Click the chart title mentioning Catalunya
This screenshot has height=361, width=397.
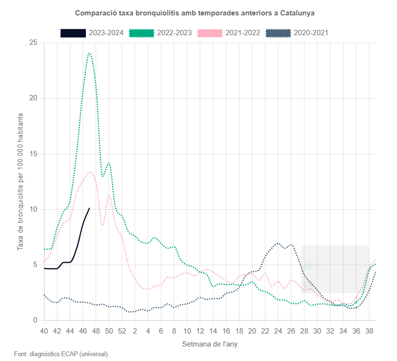tap(198, 12)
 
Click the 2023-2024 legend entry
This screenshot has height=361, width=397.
tap(92, 33)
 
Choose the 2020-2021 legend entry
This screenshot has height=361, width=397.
tap(297, 33)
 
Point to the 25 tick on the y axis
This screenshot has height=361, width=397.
tap(33, 43)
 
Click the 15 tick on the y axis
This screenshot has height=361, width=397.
tap(33, 154)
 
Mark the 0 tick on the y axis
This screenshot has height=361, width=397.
tap(35, 321)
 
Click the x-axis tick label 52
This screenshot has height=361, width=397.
tap(122, 331)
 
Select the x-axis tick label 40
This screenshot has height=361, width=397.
tap(44, 331)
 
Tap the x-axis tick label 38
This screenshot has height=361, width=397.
tap(369, 331)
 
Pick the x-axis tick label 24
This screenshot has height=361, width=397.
tap(278, 331)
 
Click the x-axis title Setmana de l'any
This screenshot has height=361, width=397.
tap(209, 345)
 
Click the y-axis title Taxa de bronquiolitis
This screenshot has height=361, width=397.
tap(20, 182)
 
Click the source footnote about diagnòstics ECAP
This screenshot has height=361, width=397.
tap(61, 354)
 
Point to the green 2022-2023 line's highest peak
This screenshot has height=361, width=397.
tap(89, 53)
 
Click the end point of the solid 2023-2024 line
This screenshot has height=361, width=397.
tap(89, 208)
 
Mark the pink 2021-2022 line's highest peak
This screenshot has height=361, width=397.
tap(90, 172)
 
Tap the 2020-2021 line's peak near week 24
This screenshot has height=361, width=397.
tap(278, 243)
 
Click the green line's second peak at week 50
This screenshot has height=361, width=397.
tap(109, 163)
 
